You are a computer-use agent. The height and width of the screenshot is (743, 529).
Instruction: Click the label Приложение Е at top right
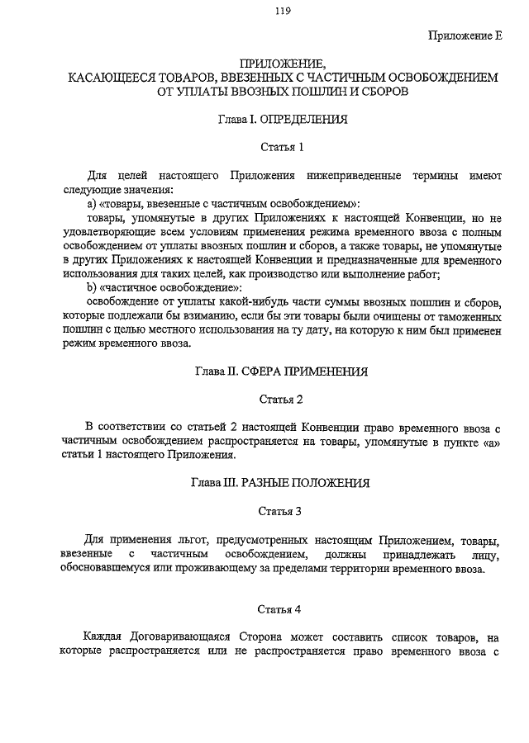pos(465,35)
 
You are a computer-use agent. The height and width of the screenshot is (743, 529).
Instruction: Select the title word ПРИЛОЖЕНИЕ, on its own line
pos(283,64)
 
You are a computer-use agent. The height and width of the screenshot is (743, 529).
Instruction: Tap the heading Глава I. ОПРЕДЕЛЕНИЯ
pos(283,120)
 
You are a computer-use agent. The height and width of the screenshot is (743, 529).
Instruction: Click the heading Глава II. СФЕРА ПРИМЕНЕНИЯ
pos(282,371)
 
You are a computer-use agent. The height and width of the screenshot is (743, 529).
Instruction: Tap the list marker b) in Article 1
pos(92,287)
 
